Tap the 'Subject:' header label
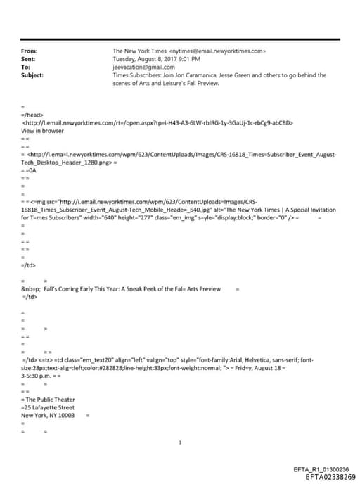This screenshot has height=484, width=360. (x=32, y=75)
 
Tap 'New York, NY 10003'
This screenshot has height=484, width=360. (x=48, y=415)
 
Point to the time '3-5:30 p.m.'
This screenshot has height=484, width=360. (x=39, y=376)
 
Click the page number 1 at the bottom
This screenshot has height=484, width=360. (x=180, y=443)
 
